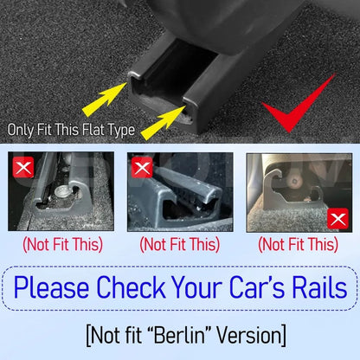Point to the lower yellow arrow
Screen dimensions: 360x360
click(164, 123)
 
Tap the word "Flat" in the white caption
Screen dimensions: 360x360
click(93, 130)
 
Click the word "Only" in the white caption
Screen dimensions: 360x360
click(20, 130)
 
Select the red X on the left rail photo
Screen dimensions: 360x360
click(23, 167)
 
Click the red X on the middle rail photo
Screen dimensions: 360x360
click(142, 167)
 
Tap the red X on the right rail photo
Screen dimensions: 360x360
click(337, 219)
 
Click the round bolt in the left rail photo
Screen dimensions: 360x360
click(61, 191)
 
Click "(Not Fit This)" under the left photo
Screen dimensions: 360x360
click(62, 245)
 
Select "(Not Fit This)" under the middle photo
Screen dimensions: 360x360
click(180, 245)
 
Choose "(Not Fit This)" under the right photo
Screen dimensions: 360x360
click(298, 245)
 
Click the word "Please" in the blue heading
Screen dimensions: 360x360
click(51, 287)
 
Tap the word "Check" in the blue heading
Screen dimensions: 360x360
click(131, 287)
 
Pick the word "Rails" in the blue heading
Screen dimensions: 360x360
click(319, 287)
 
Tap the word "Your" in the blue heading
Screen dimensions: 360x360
click(197, 287)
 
